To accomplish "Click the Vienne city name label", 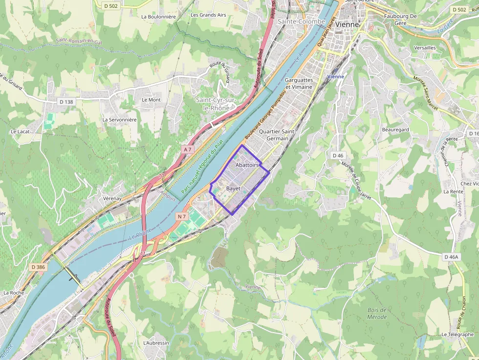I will [x=347, y=24].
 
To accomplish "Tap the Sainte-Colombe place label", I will [x=301, y=21].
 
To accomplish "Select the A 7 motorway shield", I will [x=187, y=149].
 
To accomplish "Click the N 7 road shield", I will [x=182, y=216].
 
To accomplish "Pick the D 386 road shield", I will [x=38, y=267].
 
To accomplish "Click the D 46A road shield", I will [x=451, y=256].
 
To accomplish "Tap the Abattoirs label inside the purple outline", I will [x=247, y=166].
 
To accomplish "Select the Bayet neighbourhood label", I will [x=233, y=188].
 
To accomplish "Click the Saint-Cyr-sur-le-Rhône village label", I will [x=216, y=104].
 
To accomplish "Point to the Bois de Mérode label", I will [x=377, y=314].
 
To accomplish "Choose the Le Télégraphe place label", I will [x=457, y=335].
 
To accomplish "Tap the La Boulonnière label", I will [x=158, y=16].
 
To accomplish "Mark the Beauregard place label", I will [x=395, y=130].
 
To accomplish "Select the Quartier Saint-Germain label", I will [x=277, y=135].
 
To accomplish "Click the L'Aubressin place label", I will [x=156, y=343].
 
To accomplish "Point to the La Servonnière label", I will [x=119, y=119].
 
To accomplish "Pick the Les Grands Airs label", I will [x=208, y=15].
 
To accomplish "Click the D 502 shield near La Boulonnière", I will [x=111, y=6].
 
